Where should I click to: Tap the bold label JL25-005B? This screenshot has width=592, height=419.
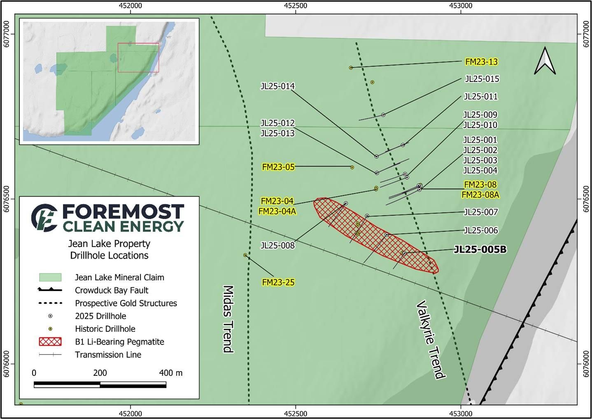point(480,250)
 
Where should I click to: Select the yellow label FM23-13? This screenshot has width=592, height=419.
point(481,62)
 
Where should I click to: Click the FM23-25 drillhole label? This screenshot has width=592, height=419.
point(278,282)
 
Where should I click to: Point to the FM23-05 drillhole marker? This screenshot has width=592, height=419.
point(352,167)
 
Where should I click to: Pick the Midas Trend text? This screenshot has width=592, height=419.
point(228,319)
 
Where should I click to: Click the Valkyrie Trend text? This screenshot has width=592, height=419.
point(431,340)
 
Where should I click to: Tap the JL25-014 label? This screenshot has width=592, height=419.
point(277,86)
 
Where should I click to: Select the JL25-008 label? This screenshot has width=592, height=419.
point(277,245)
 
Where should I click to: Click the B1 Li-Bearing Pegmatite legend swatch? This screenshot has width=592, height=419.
point(50,342)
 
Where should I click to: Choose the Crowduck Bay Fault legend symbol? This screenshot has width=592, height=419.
point(50,290)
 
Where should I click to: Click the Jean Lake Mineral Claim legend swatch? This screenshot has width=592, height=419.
point(50,277)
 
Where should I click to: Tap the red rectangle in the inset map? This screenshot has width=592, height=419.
point(138,58)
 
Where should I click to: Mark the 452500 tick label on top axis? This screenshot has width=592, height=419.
point(296,6)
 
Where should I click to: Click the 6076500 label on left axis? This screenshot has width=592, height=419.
point(7,199)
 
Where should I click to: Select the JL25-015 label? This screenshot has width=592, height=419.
point(482,79)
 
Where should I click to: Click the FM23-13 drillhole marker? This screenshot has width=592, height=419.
point(351,67)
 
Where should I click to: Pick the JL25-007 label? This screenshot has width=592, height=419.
point(480,212)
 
